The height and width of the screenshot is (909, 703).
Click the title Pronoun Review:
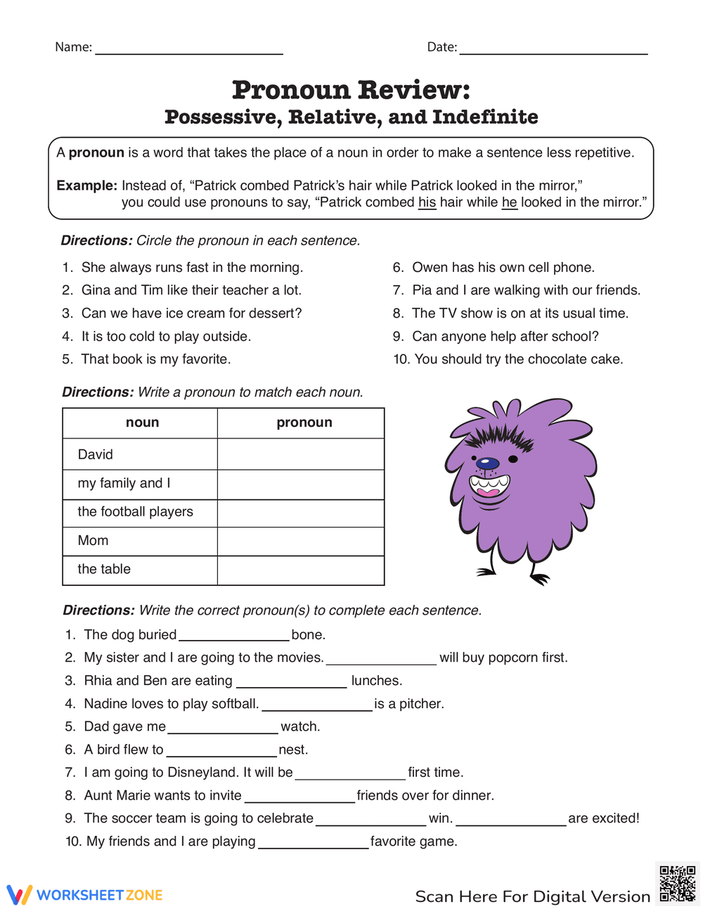click(351, 90)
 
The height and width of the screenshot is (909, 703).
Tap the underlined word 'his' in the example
click(427, 202)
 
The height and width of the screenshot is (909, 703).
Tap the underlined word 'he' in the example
click(509, 202)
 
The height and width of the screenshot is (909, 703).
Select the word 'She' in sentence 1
click(93, 268)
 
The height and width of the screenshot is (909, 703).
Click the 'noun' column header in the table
click(142, 423)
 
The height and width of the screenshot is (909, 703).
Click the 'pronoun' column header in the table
click(304, 423)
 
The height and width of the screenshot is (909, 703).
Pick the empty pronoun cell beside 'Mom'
click(301, 541)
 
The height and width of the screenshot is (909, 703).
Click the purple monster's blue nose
click(486, 463)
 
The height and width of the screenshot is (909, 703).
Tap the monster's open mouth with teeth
click(489, 485)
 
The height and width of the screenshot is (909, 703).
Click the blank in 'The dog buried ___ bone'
click(233, 636)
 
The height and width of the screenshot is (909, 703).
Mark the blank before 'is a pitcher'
click(316, 705)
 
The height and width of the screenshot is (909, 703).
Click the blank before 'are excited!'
click(510, 819)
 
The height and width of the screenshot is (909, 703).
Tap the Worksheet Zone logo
click(84, 895)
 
